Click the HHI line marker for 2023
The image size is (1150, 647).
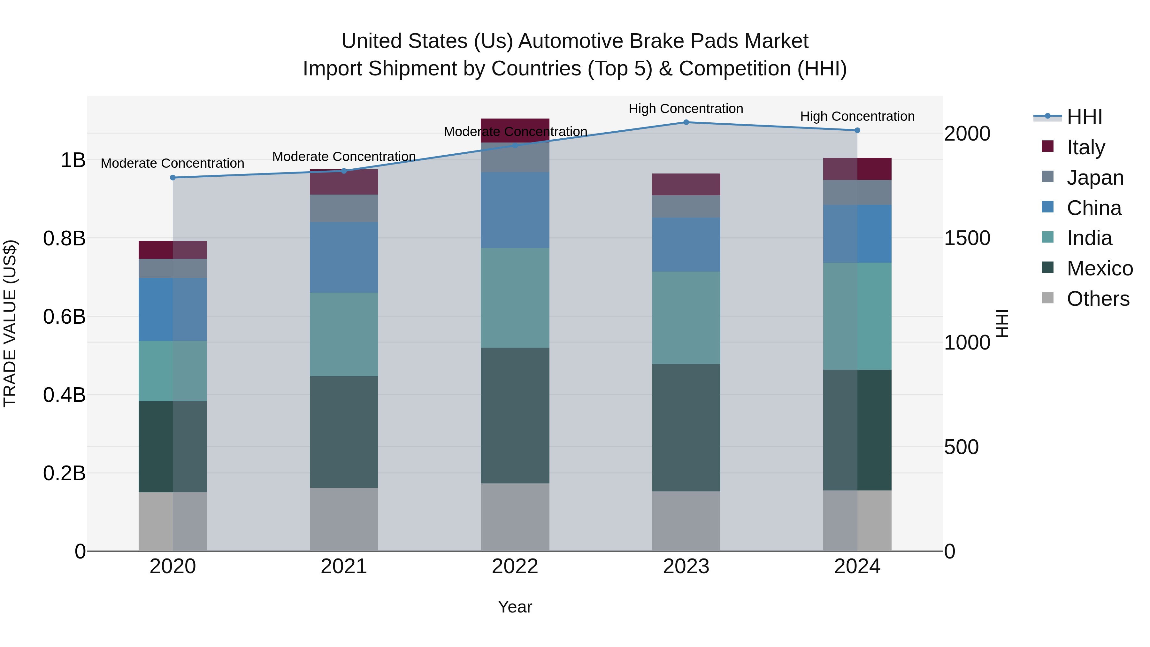[x=686, y=122]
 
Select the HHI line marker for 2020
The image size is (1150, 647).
[x=173, y=178]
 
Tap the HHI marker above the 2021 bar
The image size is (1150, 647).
[x=344, y=171]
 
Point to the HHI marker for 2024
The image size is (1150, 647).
[x=857, y=130]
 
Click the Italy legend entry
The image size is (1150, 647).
[x=1085, y=147]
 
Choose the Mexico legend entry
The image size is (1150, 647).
[x=1099, y=268]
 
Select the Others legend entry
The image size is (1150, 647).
[x=1097, y=299]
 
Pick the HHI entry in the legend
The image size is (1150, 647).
[x=1084, y=117]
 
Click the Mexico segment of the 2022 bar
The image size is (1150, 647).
[x=515, y=415]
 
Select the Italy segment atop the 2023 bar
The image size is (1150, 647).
[x=686, y=184]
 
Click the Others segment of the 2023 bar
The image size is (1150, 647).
[x=686, y=521]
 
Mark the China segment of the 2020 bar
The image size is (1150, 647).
[x=173, y=309]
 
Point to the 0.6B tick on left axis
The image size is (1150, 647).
[x=64, y=317]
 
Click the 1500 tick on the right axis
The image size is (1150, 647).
[x=967, y=238]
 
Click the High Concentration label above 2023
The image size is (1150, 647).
[x=686, y=109]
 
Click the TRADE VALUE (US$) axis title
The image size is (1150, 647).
[x=10, y=323]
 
